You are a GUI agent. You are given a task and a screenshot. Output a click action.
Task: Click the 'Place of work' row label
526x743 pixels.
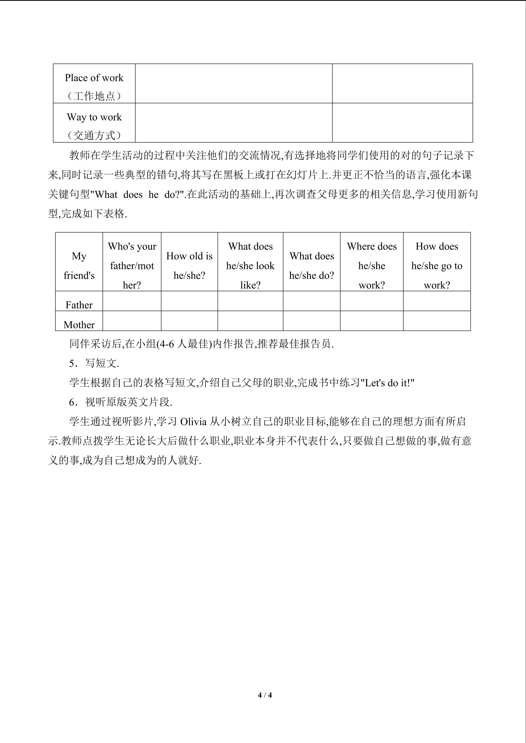pyautogui.click(x=94, y=78)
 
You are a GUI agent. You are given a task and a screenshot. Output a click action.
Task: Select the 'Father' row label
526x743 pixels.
pyautogui.click(x=79, y=305)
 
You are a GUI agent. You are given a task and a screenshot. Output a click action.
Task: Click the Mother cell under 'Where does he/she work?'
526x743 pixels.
pyautogui.click(x=372, y=321)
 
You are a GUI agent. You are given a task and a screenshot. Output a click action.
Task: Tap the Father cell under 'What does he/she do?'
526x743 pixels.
pyautogui.click(x=311, y=301)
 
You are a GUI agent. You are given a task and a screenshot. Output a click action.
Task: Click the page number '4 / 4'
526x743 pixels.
pyautogui.click(x=265, y=695)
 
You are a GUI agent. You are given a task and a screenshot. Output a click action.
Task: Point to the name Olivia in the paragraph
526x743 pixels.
pyautogui.click(x=193, y=422)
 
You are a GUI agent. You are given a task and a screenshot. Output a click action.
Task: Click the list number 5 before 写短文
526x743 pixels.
pyautogui.click(x=72, y=364)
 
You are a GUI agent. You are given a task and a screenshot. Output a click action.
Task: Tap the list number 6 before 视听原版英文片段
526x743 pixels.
pyautogui.click(x=72, y=403)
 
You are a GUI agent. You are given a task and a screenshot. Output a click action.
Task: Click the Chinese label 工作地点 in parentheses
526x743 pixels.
pyautogui.click(x=94, y=96)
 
